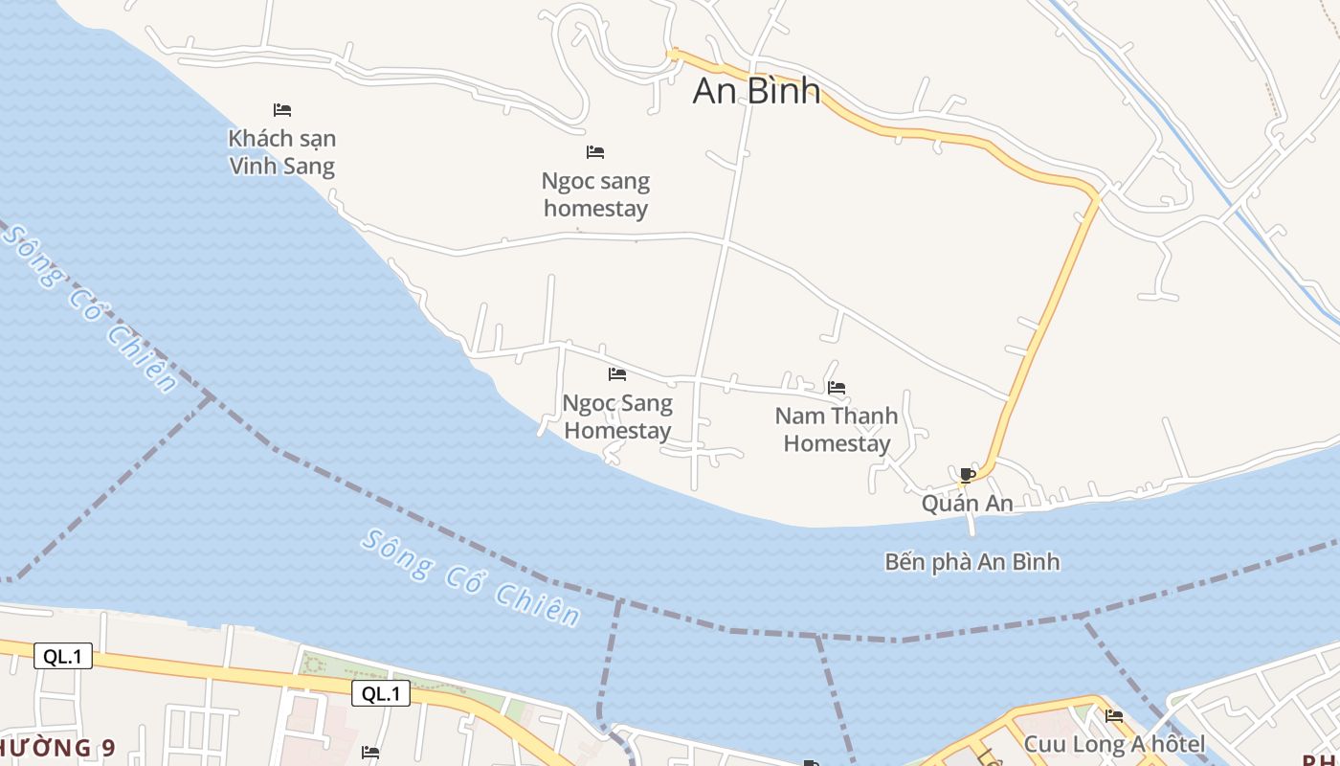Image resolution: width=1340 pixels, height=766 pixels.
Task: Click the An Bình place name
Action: point(756,90)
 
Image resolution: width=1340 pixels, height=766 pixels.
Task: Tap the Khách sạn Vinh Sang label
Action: point(282,152)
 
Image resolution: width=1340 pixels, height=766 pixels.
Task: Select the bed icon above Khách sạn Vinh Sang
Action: point(282,110)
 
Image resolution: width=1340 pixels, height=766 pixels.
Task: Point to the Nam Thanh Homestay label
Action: point(837,429)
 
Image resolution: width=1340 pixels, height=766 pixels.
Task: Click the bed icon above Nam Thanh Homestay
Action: point(837,388)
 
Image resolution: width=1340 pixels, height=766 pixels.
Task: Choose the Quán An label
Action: point(967,503)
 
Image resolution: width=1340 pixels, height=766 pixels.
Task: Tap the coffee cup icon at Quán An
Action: point(967,475)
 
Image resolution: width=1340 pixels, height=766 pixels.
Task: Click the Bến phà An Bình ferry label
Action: point(971,561)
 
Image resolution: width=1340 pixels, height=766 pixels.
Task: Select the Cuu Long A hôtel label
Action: point(1114,744)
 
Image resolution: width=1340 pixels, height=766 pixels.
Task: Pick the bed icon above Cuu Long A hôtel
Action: point(1114,715)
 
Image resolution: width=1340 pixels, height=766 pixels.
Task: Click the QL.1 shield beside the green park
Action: point(381,693)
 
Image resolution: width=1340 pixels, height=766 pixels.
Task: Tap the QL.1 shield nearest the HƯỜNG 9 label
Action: point(63,656)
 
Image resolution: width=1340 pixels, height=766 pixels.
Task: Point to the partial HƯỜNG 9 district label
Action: point(57,747)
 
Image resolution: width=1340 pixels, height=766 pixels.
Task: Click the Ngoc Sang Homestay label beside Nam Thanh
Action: point(617,417)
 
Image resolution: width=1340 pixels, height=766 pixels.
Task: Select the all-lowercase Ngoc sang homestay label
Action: point(595,194)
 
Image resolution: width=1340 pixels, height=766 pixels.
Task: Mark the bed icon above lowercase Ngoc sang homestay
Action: point(595,152)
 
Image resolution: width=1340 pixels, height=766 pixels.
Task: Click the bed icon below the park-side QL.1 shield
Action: point(370,753)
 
